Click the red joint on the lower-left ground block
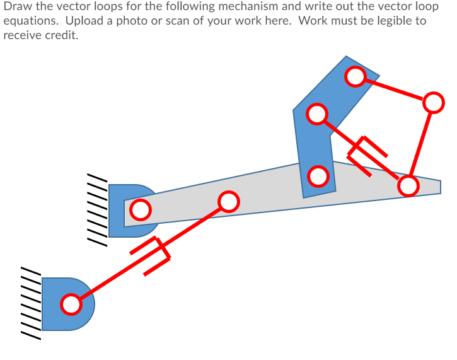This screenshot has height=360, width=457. click(71, 305)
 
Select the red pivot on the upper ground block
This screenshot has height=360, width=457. click(141, 209)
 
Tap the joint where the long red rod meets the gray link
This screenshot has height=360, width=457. click(228, 202)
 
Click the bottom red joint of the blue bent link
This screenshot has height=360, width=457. click(319, 177)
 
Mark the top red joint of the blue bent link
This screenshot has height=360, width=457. click(356, 77)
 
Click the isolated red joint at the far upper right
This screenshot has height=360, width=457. click(433, 102)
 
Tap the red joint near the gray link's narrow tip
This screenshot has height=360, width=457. click(408, 185)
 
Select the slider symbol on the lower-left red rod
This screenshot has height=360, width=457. click(152, 255)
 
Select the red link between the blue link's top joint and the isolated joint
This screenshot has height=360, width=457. click(395, 90)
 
